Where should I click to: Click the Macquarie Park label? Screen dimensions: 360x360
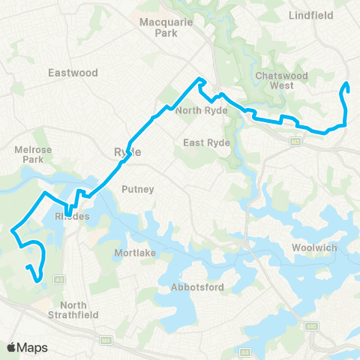[x=165, y=28]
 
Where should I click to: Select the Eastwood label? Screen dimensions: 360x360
[x=73, y=73]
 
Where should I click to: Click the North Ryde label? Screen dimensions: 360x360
[x=196, y=110]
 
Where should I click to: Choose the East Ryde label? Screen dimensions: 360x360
[x=203, y=142]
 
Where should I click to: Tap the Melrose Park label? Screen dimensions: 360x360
[x=33, y=154]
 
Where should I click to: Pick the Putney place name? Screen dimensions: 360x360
[x=137, y=190]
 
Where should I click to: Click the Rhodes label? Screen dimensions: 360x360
[x=73, y=217]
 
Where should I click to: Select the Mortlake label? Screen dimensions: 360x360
[x=135, y=253]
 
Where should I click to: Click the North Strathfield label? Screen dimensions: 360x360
[x=74, y=310]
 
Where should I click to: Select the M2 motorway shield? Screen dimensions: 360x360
[x=295, y=141]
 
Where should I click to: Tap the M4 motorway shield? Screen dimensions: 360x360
[x=106, y=341]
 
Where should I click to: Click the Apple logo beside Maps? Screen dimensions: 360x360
[x=12, y=347]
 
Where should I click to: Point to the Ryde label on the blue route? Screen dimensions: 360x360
[x=122, y=151]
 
